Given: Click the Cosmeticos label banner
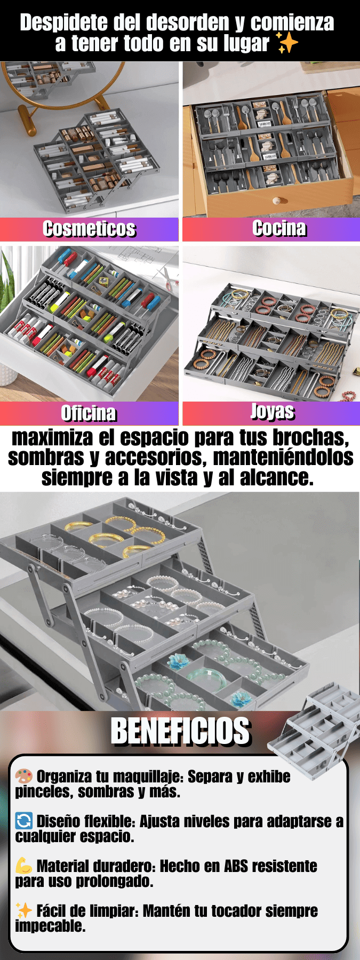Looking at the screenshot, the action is click(x=89, y=229).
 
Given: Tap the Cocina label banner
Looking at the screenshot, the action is click(x=271, y=229).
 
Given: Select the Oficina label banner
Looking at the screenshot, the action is click(x=89, y=413).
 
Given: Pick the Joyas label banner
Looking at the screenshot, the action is click(x=271, y=413).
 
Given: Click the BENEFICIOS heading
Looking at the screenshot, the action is click(x=180, y=731).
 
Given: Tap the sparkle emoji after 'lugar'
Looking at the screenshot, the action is click(x=287, y=43).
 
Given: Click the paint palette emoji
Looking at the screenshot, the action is click(x=24, y=777).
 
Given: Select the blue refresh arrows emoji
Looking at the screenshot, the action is click(x=24, y=821).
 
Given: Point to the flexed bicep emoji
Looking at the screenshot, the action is click(x=24, y=866).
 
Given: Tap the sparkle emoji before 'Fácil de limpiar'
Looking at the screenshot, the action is click(x=24, y=910).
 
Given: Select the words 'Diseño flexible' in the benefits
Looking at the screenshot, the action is click(x=85, y=821).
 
